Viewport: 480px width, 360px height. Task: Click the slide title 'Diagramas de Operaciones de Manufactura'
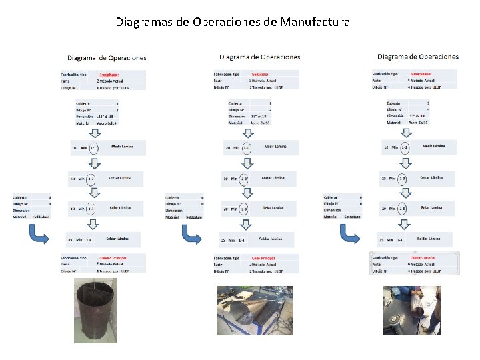[233, 22]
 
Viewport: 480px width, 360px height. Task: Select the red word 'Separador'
[260, 74]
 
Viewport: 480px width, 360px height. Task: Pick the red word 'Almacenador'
[423, 74]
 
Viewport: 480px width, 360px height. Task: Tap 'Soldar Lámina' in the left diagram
[119, 238]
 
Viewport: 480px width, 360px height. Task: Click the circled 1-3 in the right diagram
[403, 209]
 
